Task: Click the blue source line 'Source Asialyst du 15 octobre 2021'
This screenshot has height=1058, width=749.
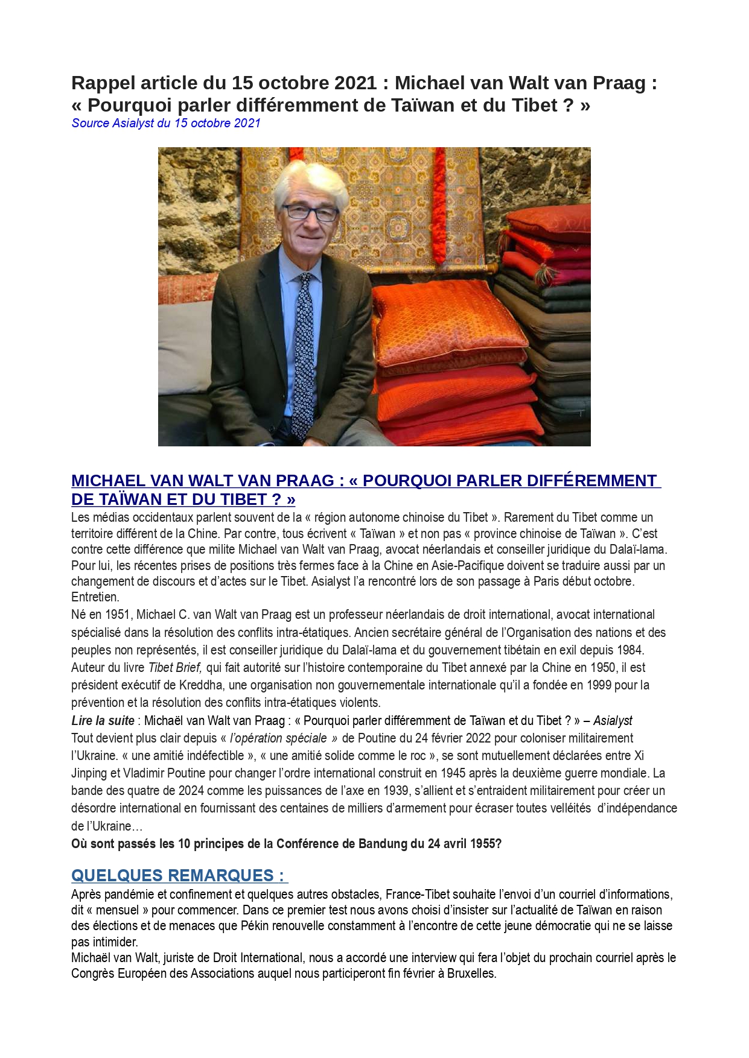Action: point(166,123)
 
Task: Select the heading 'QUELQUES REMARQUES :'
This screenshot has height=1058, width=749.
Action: point(179,875)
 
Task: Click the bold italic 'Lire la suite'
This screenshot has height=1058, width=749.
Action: point(103,721)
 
